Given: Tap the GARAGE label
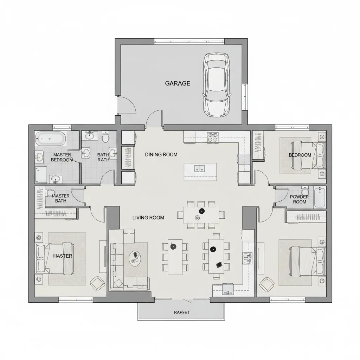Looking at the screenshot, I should click(x=178, y=83).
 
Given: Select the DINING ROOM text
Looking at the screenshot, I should click(x=161, y=154).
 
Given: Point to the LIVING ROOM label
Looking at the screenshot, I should click(x=148, y=218).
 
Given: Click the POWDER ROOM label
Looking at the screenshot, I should click(x=299, y=199).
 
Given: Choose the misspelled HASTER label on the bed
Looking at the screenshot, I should click(x=63, y=256).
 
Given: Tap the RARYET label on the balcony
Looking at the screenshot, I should click(x=182, y=312).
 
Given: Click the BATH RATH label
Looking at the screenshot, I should click(x=103, y=157).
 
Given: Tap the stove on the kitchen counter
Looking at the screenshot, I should click(x=212, y=137).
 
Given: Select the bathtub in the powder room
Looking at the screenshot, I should click(x=320, y=198).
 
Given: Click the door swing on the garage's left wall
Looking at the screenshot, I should click(x=127, y=105).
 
